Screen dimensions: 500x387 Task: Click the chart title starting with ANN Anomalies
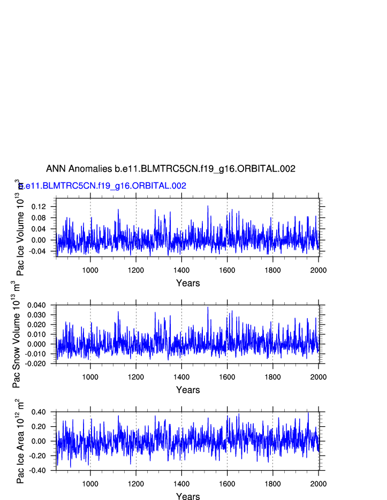point(171,169)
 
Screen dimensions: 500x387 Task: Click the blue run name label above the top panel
point(102,186)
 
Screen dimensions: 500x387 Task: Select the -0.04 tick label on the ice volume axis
point(39,251)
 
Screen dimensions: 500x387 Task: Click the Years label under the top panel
point(188,283)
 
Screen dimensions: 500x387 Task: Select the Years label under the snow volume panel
point(188,390)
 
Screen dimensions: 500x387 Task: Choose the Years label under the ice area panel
point(188,497)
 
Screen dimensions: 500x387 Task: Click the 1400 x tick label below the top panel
point(181,270)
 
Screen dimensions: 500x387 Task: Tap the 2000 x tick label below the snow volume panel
point(318,377)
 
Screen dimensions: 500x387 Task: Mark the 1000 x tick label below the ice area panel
point(90,484)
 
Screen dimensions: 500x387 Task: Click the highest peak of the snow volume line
point(208,307)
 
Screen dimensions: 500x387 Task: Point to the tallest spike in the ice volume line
point(208,206)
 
